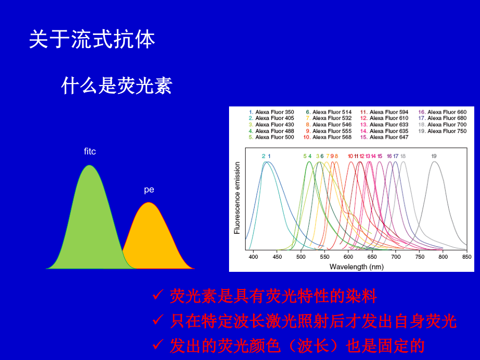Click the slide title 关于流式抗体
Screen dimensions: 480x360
click(x=92, y=40)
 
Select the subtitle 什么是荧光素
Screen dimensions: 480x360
click(x=117, y=86)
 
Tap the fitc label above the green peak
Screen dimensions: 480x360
click(x=90, y=151)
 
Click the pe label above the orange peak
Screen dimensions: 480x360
click(x=149, y=190)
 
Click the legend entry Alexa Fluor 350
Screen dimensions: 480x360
click(x=271, y=112)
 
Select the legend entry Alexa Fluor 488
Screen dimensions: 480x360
click(x=271, y=131)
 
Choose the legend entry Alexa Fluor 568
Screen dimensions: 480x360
click(x=328, y=137)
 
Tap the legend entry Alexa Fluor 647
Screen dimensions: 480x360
click(x=384, y=137)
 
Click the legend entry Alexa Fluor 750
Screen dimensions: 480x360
click(x=442, y=131)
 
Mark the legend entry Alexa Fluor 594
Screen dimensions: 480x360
click(x=384, y=112)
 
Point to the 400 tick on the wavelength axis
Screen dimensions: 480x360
click(x=253, y=257)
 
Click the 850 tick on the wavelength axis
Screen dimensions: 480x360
click(x=467, y=257)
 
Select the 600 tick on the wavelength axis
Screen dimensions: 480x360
click(x=349, y=257)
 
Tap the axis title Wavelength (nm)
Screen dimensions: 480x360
click(x=357, y=267)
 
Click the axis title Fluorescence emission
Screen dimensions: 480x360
click(x=237, y=198)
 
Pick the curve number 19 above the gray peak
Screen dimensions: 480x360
click(x=434, y=156)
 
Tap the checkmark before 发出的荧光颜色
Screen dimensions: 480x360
click(x=158, y=344)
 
